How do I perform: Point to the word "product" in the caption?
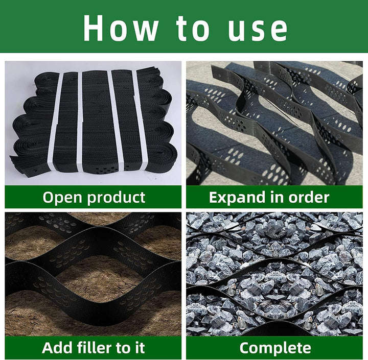tap(116, 198)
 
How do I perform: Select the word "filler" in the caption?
tap(94, 347)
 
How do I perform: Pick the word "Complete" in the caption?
tap(275, 347)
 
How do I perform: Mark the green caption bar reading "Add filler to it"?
tap(93, 348)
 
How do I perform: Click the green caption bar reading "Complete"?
tap(274, 348)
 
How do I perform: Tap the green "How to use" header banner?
tap(184, 26)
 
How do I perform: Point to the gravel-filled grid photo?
tap(274, 274)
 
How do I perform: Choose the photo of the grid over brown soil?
tap(93, 274)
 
